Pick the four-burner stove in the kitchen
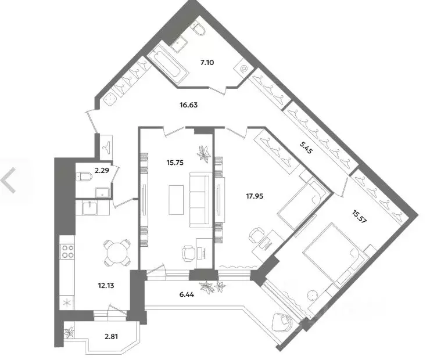click(x=67, y=253)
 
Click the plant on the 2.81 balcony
click(x=70, y=333)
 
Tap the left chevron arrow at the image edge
click(x=9, y=181)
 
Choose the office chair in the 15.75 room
click(x=189, y=251)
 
